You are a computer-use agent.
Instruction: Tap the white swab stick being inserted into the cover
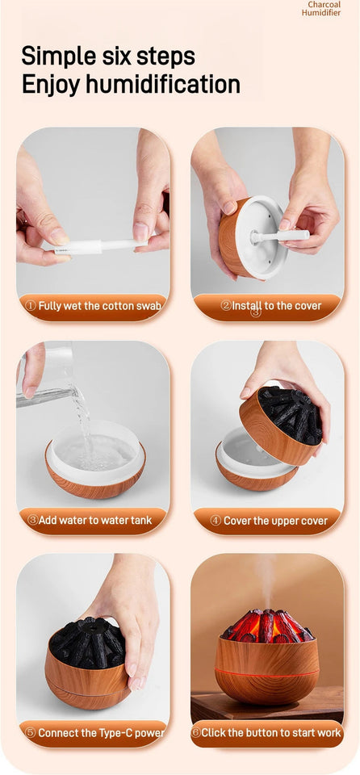coord(279,237)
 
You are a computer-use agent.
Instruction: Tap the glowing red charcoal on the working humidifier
coord(266,626)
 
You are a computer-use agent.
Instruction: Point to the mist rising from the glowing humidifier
coord(266,577)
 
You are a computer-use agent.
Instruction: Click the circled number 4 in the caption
coord(216,521)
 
